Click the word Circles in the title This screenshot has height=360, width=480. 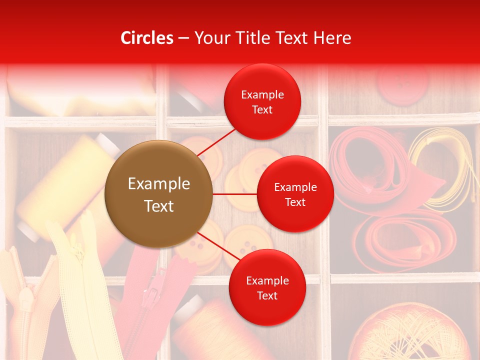coord(147,38)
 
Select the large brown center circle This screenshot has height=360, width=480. coord(158,194)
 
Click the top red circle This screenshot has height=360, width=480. coord(262,101)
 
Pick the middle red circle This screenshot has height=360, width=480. coord(295,194)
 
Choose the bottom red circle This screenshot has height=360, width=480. coord(267,287)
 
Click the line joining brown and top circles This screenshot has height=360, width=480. coord(216,142)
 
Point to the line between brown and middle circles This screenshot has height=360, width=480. coord(234,194)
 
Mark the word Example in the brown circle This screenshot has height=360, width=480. coord(158,184)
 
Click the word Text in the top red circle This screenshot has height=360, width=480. coord(262,109)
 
